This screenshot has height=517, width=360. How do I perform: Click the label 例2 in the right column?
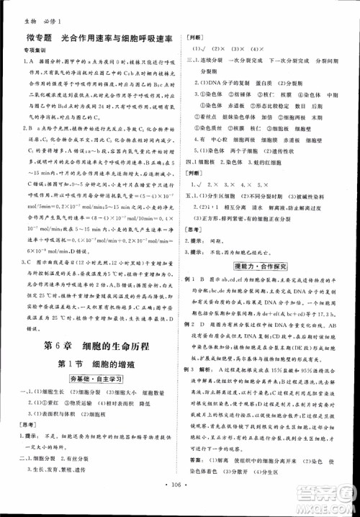[193, 324]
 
